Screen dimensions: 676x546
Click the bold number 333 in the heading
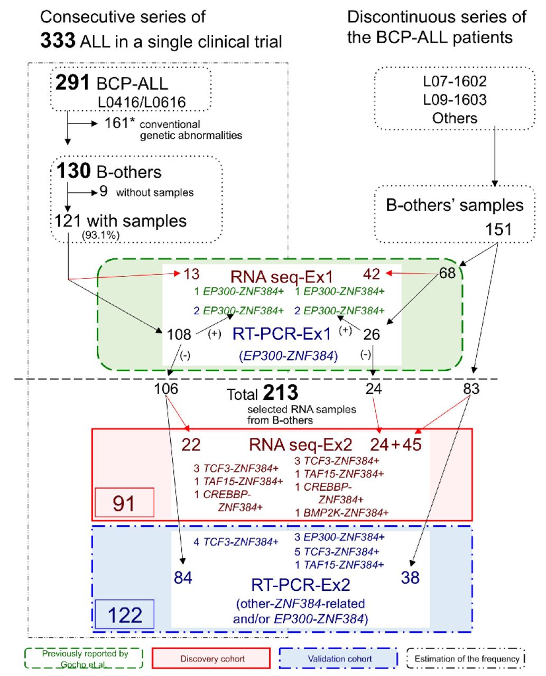tap(58, 41)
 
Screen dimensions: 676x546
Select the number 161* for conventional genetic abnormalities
tap(116, 123)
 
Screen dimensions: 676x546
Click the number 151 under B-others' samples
tap(498, 229)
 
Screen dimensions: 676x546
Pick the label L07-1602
tap(455, 82)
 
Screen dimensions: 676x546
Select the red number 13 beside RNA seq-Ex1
tap(191, 274)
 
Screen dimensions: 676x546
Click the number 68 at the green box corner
tap(448, 274)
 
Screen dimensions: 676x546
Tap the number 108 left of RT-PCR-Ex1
tap(179, 334)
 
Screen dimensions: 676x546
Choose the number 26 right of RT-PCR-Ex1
tap(371, 334)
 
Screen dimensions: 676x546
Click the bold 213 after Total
tap(281, 393)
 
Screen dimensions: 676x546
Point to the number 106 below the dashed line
tap(166, 389)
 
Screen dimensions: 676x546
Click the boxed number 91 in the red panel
tap(124, 503)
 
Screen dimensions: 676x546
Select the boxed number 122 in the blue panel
tap(125, 615)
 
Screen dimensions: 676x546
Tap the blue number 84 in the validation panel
tap(183, 578)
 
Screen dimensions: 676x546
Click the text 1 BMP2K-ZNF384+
tap(341, 512)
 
